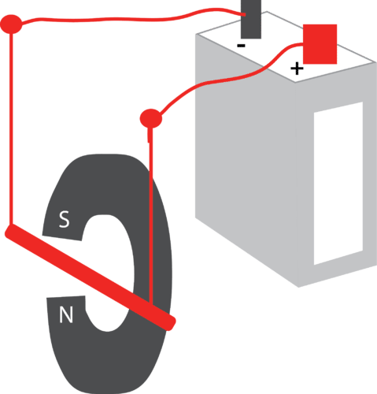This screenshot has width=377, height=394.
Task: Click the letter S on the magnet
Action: (65, 221)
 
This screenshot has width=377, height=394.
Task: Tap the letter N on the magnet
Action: (67, 316)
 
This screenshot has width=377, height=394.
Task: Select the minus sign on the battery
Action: (241, 46)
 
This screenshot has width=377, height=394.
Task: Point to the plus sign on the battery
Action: (296, 69)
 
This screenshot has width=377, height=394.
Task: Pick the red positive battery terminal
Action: (320, 43)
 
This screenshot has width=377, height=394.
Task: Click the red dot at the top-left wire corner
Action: (12, 24)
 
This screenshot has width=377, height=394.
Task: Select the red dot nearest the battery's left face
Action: (150, 119)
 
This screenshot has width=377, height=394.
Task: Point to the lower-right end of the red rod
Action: (169, 322)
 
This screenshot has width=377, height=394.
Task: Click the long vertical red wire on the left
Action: (12, 126)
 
